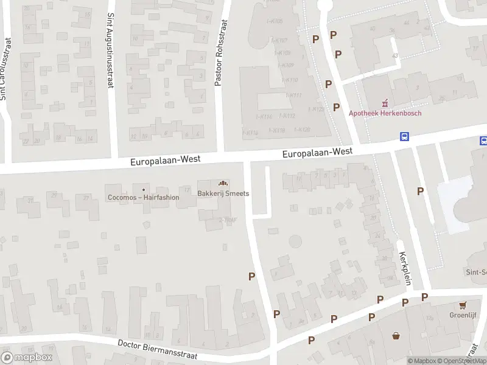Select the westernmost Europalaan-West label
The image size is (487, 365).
coord(165,160)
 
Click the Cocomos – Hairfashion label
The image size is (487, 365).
coord(143,197)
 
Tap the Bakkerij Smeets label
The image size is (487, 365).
coord(223,194)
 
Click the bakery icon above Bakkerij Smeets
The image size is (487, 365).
coord(223,183)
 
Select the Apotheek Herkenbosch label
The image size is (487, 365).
coord(385,113)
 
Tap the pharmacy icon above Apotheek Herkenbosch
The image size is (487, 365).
coord(385,103)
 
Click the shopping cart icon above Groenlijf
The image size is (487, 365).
coord(463,305)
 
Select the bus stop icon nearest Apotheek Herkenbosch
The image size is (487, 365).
coord(404,136)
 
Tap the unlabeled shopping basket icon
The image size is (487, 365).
coord(396,335)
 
